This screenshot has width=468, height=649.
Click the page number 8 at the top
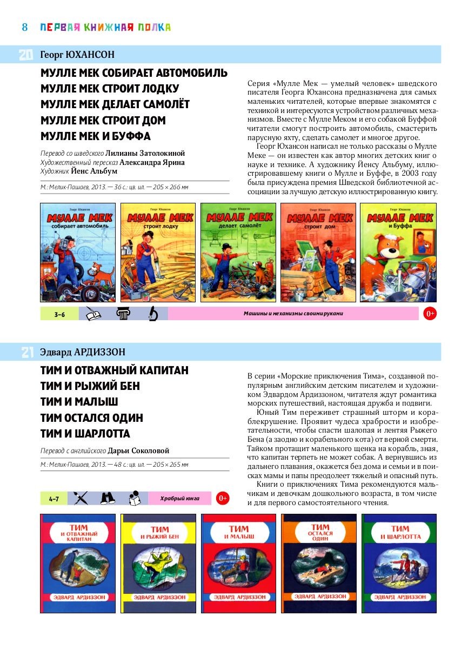[x=25, y=27]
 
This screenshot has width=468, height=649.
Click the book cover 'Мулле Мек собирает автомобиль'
[x=78, y=253]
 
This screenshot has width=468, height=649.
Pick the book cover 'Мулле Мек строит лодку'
[x=158, y=253]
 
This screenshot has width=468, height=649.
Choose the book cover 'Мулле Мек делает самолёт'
[x=238, y=253]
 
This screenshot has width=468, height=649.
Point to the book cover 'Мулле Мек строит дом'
[x=318, y=253]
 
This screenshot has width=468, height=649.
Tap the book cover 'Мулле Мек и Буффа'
[x=398, y=253]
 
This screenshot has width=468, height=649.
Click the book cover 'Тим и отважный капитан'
[x=78, y=563]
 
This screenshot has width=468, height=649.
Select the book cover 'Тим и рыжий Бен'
[x=159, y=563]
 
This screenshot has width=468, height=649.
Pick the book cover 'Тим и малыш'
[x=238, y=563]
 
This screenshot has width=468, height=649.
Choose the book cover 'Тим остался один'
[x=319, y=563]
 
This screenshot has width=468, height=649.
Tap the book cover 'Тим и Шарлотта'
[x=399, y=563]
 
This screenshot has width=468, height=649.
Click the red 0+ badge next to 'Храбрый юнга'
[x=222, y=498]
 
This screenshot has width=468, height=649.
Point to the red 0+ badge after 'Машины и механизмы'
[x=430, y=314]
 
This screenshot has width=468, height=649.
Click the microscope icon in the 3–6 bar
[x=153, y=314]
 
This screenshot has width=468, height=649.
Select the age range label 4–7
[x=54, y=498]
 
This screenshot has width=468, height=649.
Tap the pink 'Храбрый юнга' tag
[x=180, y=498]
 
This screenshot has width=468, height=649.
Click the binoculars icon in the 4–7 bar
[x=108, y=498]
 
